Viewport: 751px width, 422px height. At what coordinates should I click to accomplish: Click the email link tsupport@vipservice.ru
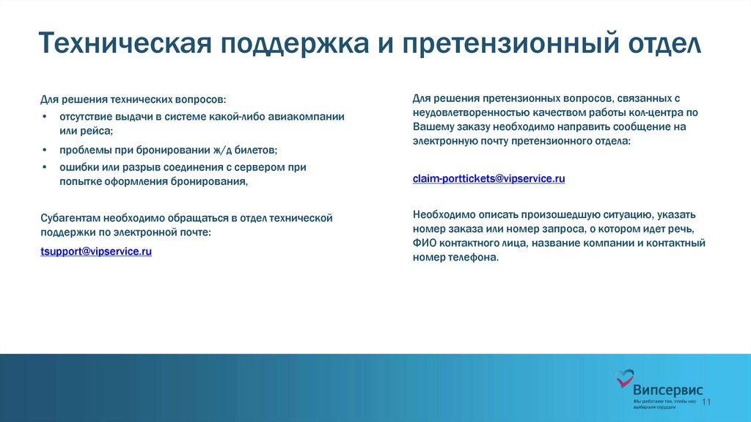[x=96, y=251]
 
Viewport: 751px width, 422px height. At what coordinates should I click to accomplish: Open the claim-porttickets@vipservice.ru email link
[x=488, y=178]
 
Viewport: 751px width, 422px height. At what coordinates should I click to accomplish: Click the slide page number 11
[x=707, y=402]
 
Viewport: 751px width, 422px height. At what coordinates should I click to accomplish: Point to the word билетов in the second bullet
[x=250, y=150]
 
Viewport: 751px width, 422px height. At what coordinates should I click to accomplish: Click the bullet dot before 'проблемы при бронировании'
[x=45, y=150]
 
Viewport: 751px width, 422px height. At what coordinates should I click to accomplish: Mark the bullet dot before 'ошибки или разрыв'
[x=45, y=167]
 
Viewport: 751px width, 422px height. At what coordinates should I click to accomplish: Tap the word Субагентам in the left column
[x=70, y=218]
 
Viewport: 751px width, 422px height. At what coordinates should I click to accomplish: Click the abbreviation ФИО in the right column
[x=425, y=243]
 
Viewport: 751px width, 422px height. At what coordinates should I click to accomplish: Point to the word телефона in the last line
[x=474, y=257]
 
